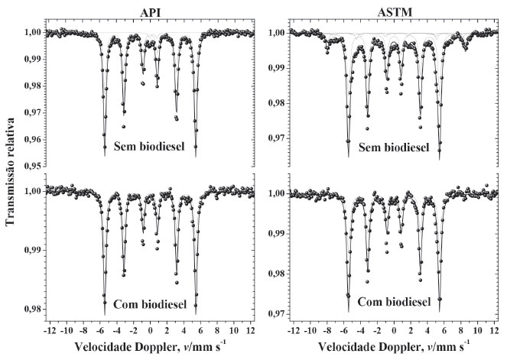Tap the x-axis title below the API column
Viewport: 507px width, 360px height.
point(150,348)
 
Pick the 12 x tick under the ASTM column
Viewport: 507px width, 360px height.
point(494,333)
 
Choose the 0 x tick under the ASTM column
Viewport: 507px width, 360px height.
point(394,333)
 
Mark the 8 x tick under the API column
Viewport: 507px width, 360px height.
point(219,333)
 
